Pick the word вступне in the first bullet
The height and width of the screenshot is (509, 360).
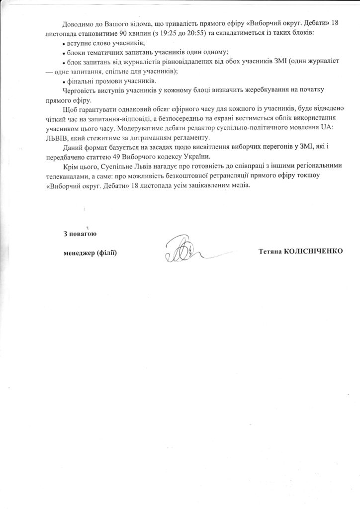click(80, 43)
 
